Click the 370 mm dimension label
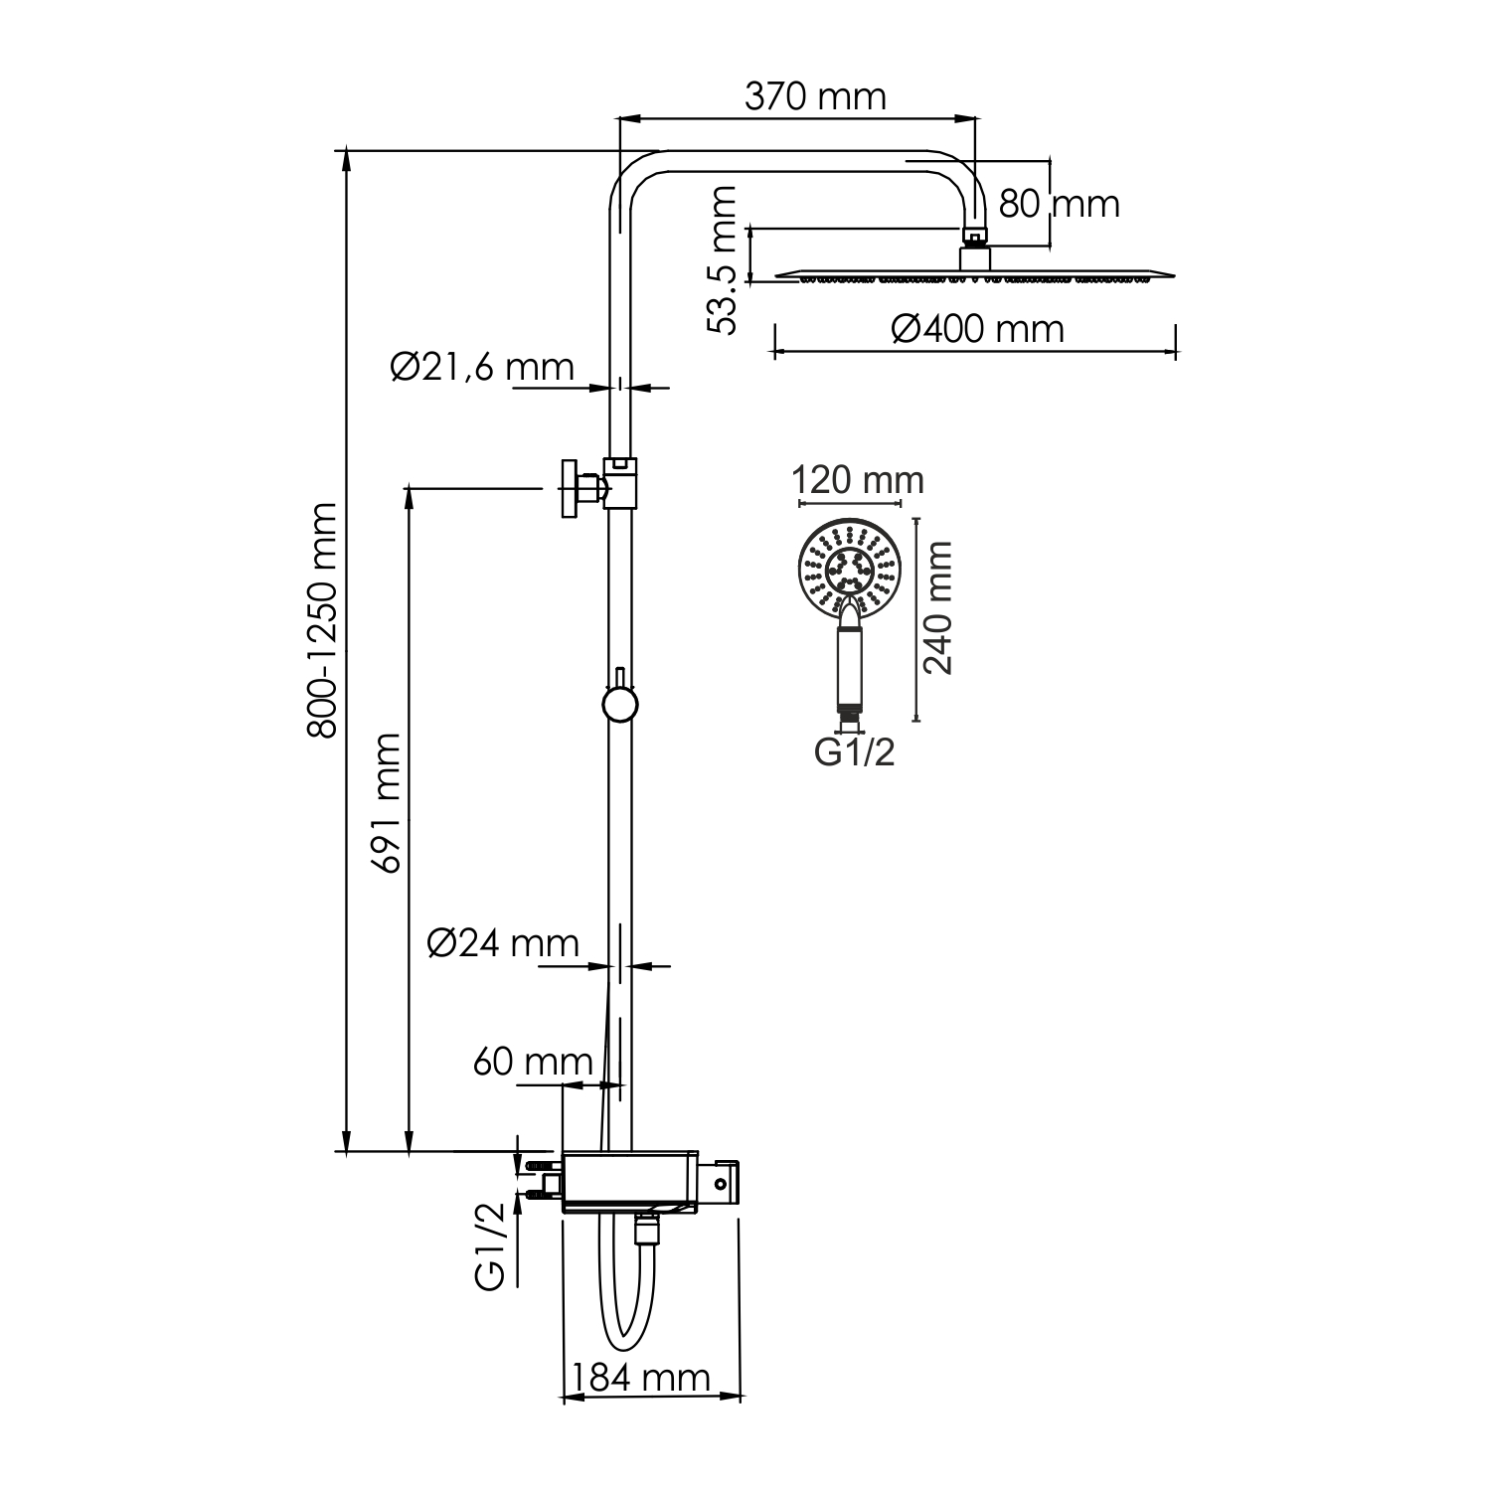[814, 97]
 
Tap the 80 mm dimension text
[1059, 204]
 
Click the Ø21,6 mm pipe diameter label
[482, 367]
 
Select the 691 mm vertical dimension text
[385, 803]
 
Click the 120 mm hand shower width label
[858, 480]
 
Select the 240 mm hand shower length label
[937, 608]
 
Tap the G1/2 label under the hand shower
[854, 752]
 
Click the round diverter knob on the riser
[619, 705]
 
